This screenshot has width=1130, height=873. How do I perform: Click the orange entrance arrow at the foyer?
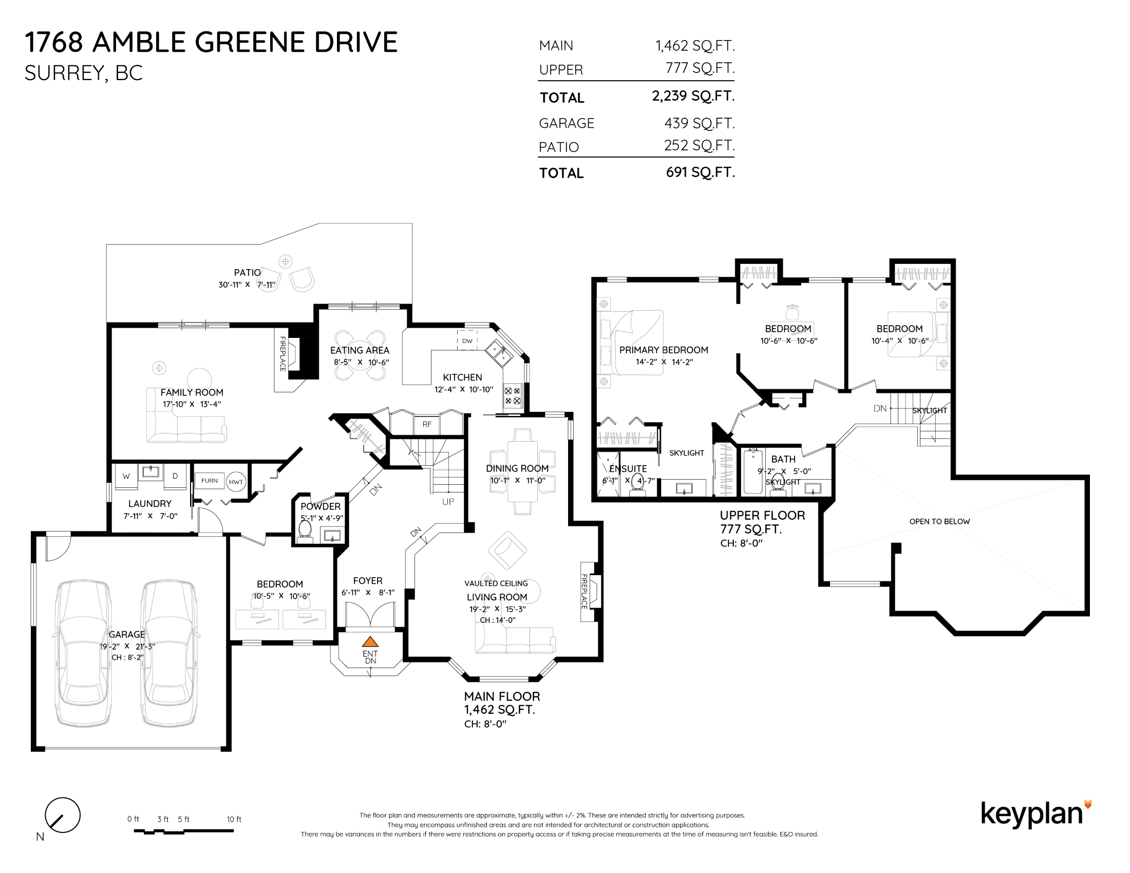[370, 642]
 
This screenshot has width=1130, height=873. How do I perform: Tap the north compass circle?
[63, 815]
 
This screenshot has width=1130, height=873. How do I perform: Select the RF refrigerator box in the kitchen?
[427, 424]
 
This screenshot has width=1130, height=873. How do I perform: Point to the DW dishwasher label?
[467, 341]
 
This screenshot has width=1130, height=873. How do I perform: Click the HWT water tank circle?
[236, 482]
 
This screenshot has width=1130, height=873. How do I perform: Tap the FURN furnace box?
[210, 481]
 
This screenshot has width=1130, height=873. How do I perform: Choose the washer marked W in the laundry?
[126, 477]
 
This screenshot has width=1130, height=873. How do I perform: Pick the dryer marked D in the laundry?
[175, 477]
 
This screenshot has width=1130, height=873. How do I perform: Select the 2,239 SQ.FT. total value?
[693, 96]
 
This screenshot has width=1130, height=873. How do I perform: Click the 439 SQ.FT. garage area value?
[700, 123]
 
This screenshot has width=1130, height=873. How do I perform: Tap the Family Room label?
[192, 392]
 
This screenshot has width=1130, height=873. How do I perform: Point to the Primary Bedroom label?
[664, 350]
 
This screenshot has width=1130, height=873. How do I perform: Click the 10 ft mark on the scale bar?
[234, 819]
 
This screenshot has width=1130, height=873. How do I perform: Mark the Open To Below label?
[939, 521]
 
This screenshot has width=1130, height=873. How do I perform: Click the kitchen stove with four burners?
[512, 396]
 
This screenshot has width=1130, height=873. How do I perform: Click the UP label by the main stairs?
[448, 502]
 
